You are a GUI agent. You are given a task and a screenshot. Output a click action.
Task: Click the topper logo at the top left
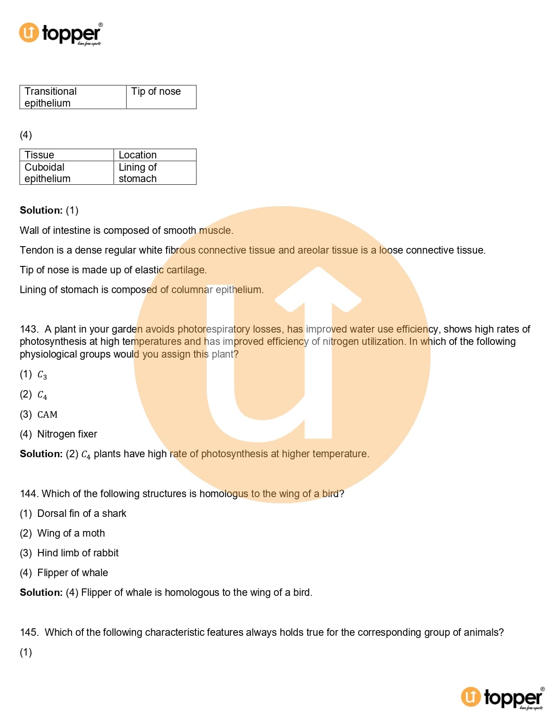61,34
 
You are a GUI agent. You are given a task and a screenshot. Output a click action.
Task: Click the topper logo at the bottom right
502,697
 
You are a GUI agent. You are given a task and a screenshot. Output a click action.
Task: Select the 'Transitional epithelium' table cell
73,97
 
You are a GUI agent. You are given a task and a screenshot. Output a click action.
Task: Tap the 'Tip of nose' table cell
161,97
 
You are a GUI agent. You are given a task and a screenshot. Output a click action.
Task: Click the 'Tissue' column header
66,155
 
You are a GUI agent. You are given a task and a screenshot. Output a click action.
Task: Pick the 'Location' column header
154,155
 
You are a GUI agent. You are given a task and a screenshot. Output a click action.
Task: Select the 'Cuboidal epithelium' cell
66,173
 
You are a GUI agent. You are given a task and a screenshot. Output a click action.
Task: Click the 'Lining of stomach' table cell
154,173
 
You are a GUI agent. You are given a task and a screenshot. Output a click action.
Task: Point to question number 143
29,329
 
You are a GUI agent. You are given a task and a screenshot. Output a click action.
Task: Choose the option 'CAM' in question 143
47,415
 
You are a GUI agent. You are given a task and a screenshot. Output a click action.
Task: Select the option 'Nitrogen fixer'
67,434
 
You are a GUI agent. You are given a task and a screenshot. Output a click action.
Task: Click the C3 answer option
42,375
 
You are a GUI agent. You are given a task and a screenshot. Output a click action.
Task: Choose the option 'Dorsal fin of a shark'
82,513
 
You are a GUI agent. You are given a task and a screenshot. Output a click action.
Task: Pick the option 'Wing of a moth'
71,533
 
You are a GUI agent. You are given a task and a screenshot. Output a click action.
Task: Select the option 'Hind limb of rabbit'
78,553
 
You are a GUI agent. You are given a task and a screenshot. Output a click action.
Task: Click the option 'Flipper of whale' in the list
72,573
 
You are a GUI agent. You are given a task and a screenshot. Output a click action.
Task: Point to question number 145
29,632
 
